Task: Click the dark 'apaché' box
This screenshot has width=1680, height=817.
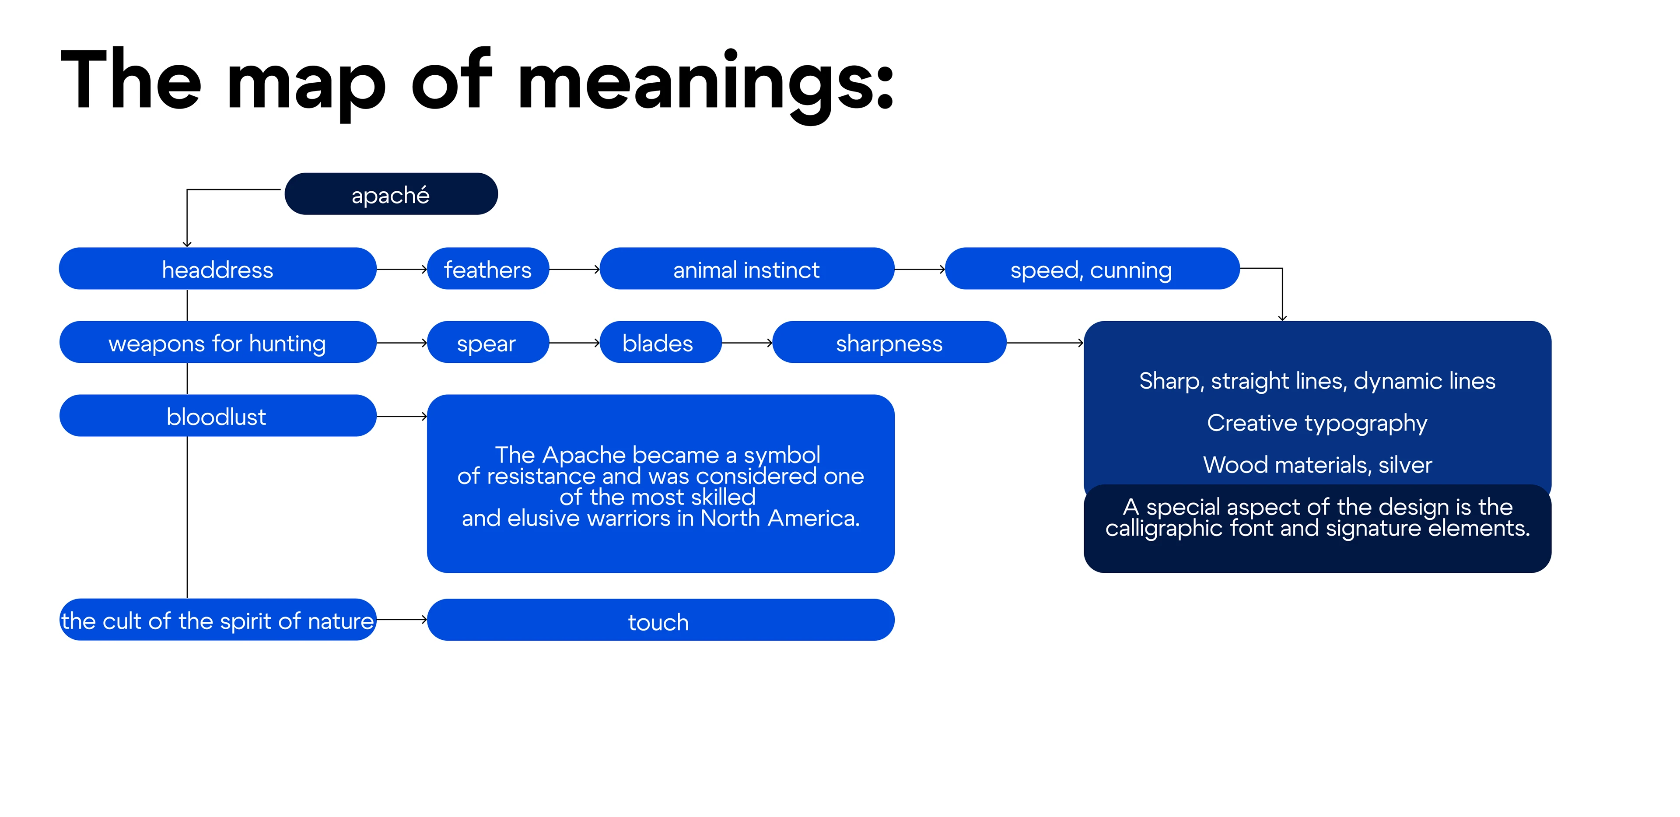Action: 391,194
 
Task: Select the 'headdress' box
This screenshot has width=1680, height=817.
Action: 218,268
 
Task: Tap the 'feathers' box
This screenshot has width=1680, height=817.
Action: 488,268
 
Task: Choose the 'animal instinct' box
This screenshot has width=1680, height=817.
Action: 747,268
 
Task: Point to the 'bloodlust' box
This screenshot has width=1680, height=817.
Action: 218,416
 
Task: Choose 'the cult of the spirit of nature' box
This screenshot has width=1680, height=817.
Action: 218,620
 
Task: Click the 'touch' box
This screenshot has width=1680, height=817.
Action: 661,620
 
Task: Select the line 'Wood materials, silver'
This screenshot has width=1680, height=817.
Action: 1317,465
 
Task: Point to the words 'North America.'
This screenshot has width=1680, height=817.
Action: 780,518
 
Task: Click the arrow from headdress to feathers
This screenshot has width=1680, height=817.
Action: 402,269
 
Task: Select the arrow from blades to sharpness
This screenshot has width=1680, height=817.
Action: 747,343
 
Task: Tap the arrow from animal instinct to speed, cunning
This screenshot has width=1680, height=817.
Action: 920,269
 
